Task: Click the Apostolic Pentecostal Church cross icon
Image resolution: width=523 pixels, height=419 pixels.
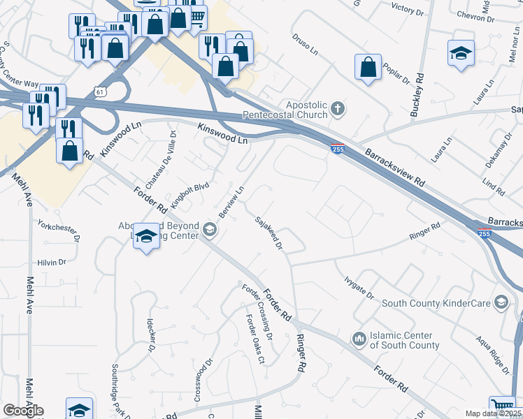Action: (x=338, y=109)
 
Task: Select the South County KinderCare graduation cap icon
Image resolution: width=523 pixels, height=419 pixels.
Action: (x=501, y=302)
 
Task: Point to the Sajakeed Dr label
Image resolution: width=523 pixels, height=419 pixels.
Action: (x=268, y=233)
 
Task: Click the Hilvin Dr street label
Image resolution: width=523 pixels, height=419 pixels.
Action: (x=51, y=263)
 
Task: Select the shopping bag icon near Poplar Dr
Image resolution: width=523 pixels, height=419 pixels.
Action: (x=368, y=68)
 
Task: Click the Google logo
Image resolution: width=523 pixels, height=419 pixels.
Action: (x=22, y=411)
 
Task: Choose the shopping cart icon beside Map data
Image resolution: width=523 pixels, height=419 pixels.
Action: (x=501, y=406)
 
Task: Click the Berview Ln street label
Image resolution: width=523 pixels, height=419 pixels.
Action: (x=231, y=202)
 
